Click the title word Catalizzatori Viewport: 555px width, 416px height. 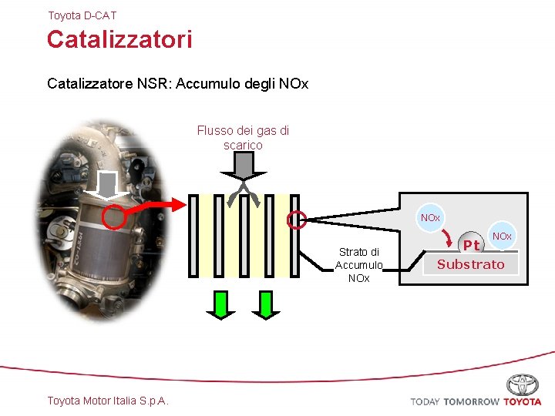pyautogui.click(x=119, y=39)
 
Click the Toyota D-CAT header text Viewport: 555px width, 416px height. pyautogui.click(x=82, y=15)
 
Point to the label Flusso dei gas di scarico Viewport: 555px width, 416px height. pyautogui.click(x=243, y=138)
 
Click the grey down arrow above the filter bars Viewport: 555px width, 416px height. pyautogui.click(x=243, y=166)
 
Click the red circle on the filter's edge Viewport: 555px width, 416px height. pyautogui.click(x=297, y=220)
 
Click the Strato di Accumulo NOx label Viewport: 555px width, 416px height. pyautogui.click(x=358, y=265)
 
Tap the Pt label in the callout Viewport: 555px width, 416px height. pyautogui.click(x=471, y=245)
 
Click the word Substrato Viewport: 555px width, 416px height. pyautogui.click(x=470, y=264)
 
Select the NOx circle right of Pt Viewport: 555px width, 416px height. pyautogui.click(x=502, y=236)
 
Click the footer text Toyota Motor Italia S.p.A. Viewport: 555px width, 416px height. pyautogui.click(x=108, y=401)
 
